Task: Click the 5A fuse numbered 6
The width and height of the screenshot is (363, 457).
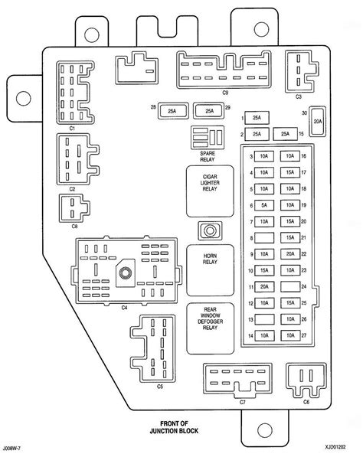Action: coord(264,205)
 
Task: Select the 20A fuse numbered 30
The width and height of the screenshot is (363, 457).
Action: coord(318,121)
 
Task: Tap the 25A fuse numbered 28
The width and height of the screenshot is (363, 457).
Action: coord(172,111)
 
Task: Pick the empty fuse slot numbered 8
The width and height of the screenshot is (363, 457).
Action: coord(264,238)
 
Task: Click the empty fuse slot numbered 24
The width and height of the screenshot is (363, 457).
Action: coord(290,286)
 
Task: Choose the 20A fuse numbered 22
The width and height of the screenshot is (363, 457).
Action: coord(290,254)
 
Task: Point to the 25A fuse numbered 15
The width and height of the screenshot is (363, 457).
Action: coord(285,134)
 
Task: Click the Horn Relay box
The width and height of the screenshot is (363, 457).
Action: coord(211,270)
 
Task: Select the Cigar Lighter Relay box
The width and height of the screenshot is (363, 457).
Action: coord(211,191)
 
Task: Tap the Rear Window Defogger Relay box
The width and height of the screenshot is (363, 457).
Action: coord(211,328)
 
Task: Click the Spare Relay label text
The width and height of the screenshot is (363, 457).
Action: coord(208,156)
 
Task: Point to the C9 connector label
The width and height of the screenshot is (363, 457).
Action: coord(225,93)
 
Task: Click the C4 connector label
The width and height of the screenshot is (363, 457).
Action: coord(125,307)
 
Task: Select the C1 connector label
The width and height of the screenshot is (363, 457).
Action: coord(72,129)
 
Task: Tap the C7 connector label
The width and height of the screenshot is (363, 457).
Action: coord(243,402)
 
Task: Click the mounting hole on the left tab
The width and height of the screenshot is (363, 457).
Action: coord(23,98)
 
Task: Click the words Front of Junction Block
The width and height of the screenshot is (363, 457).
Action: coord(174,427)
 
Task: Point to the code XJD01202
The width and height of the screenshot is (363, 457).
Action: coord(336,447)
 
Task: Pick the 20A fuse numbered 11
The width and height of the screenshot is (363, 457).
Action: coord(264,286)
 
